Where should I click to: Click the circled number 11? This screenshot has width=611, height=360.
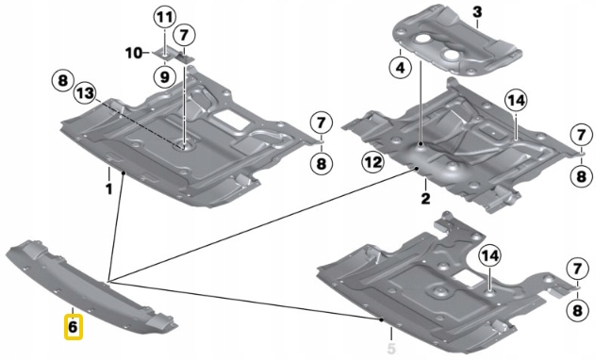click(x=164, y=18)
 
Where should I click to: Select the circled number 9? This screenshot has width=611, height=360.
click(x=164, y=76)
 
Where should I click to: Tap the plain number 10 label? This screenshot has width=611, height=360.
click(x=134, y=53)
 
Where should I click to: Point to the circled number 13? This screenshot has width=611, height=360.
click(x=85, y=93)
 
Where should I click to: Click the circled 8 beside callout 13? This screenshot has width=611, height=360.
click(x=62, y=81)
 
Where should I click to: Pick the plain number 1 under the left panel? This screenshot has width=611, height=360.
click(x=108, y=189)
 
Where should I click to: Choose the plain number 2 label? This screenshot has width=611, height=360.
click(x=425, y=198)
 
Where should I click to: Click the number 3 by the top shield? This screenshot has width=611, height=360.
click(x=477, y=12)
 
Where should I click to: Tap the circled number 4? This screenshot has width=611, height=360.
click(x=400, y=68)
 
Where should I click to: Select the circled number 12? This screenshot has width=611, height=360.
click(x=372, y=162)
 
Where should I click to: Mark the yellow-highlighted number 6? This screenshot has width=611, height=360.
click(x=73, y=326)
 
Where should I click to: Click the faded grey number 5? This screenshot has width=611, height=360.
click(x=391, y=347)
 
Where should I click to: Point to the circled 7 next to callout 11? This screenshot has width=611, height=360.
click(x=184, y=35)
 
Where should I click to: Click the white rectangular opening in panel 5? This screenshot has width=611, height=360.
click(x=470, y=275)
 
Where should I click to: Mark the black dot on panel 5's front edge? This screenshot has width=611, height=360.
click(x=382, y=319)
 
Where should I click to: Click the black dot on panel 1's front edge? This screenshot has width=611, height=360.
click(x=124, y=173)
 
